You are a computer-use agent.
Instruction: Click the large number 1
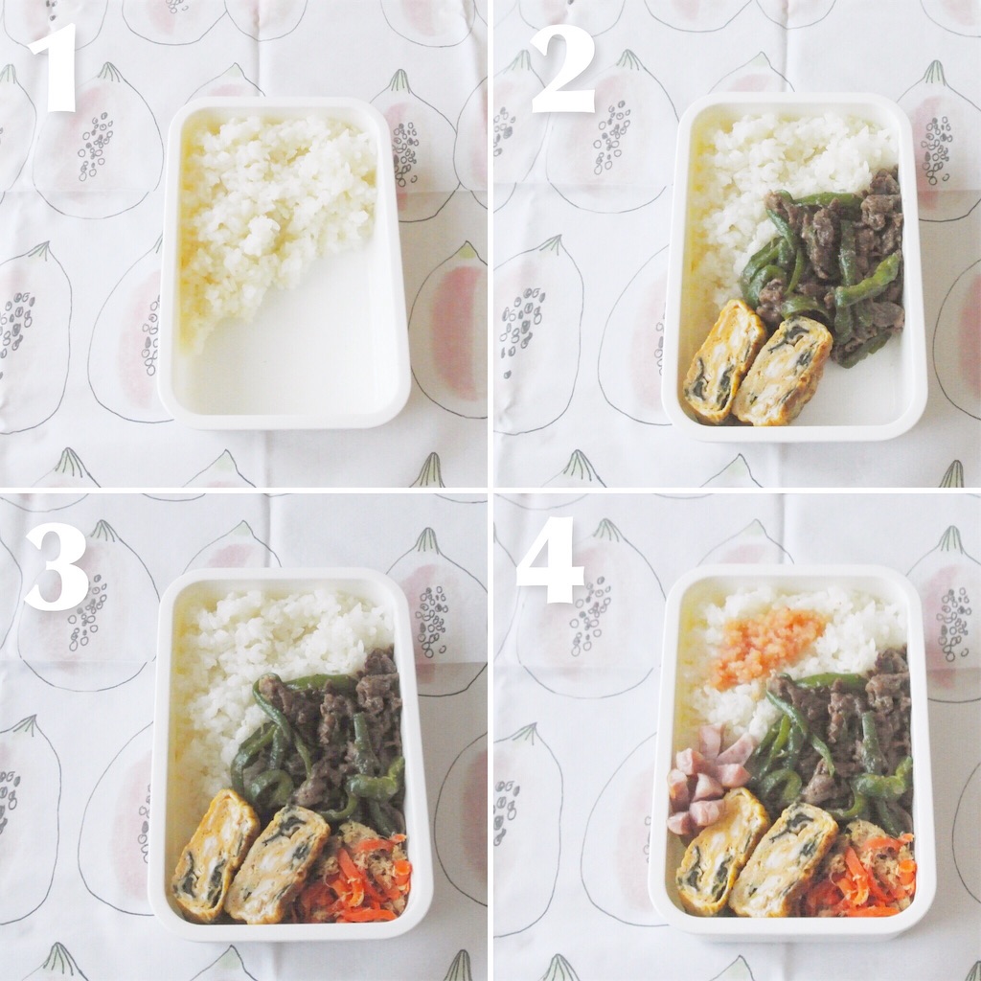click(x=54, y=68)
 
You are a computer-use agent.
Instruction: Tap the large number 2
click(x=562, y=69)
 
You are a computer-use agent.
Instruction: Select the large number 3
click(x=57, y=567)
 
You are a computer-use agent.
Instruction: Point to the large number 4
click(x=550, y=559)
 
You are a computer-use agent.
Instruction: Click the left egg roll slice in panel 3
click(x=216, y=854)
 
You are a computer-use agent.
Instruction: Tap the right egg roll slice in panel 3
click(x=277, y=863)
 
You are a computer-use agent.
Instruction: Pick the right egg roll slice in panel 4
click(x=784, y=861)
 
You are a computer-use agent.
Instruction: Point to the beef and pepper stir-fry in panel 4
click(x=838, y=739)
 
